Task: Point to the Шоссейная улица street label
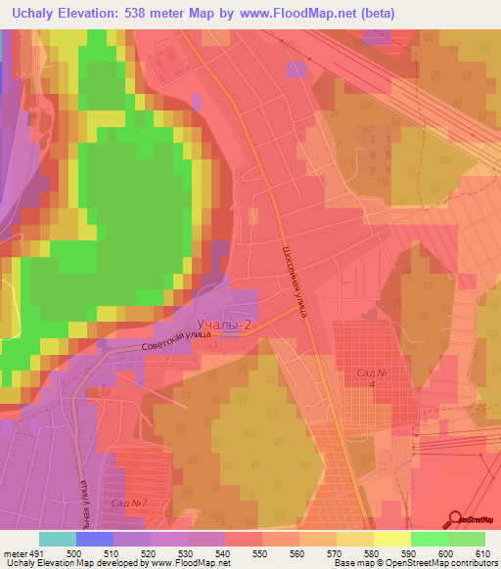298,284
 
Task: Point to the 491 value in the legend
36,552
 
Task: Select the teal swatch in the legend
57,539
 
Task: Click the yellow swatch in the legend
391,539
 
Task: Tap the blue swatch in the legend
94,539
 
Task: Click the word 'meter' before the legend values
14,552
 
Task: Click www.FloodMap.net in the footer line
191,563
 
